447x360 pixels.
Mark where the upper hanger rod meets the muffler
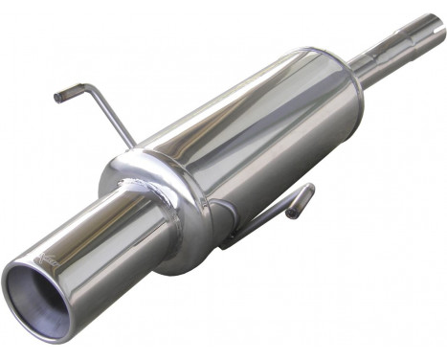[x=133, y=147]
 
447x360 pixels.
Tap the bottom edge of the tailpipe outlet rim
[x=43, y=336]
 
